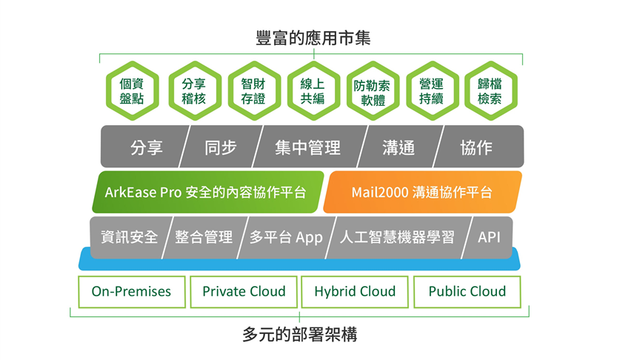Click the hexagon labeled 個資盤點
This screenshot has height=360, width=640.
(x=133, y=90)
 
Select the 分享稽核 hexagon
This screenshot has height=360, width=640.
(x=195, y=90)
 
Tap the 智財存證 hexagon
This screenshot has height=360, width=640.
(x=254, y=90)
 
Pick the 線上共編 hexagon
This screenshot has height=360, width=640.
(x=313, y=90)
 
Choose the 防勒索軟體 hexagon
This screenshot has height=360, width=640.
(x=373, y=90)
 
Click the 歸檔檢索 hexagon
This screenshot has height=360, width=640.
(x=490, y=90)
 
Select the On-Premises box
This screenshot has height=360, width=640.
(x=132, y=292)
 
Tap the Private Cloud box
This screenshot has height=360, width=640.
(x=244, y=292)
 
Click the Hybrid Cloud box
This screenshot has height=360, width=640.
(x=355, y=292)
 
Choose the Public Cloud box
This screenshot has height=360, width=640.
(x=467, y=292)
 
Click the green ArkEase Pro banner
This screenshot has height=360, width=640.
(x=207, y=193)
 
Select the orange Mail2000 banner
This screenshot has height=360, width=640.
(x=422, y=193)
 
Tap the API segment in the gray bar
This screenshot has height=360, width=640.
(x=487, y=238)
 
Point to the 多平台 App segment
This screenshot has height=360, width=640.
(x=287, y=238)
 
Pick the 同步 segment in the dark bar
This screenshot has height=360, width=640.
(x=221, y=147)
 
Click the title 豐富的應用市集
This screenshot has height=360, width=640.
(x=313, y=38)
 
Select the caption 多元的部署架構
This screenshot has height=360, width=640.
(x=299, y=335)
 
